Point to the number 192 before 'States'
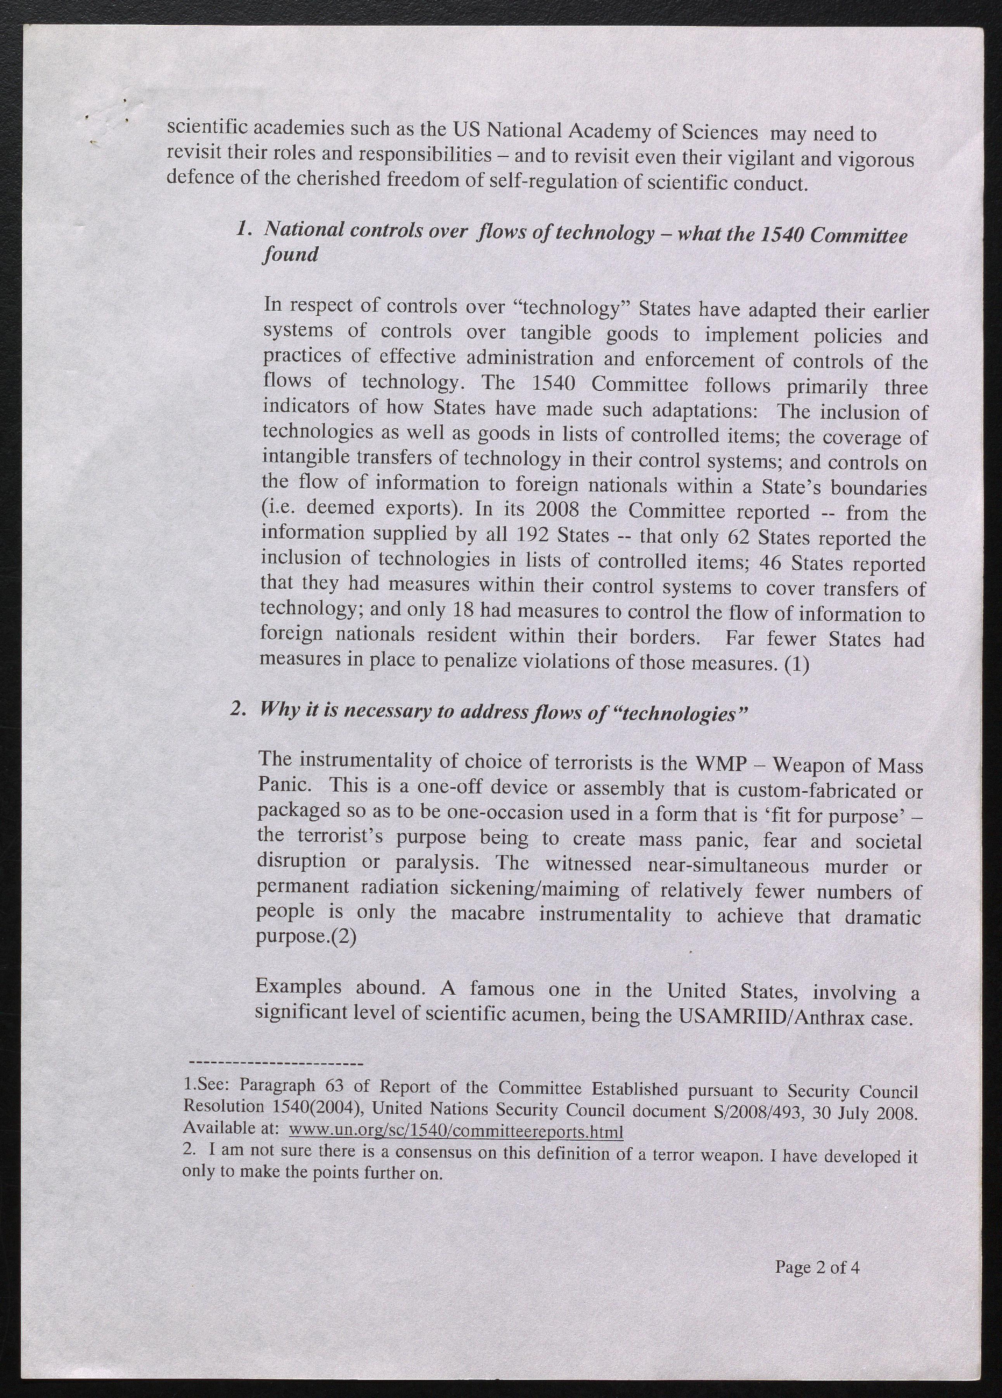pyautogui.click(x=533, y=535)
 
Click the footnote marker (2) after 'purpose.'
pyautogui.click(x=344, y=938)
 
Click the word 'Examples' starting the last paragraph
pyautogui.click(x=298, y=987)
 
